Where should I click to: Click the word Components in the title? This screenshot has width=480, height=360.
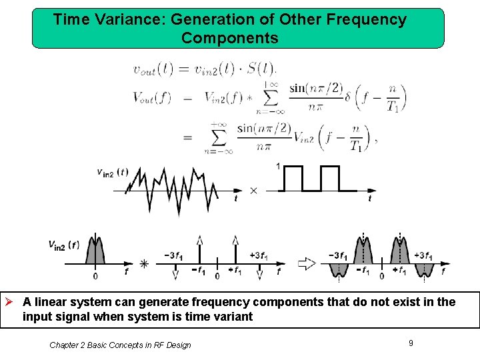click(229, 38)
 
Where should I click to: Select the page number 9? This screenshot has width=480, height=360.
click(411, 343)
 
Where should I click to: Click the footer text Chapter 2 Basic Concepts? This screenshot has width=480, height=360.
click(120, 345)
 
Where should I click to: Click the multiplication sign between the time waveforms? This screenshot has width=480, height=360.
click(253, 191)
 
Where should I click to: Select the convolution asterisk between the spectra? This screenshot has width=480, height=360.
click(144, 265)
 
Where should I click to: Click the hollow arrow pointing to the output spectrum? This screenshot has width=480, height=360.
click(306, 264)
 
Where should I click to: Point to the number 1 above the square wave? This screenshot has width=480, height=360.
click(277, 166)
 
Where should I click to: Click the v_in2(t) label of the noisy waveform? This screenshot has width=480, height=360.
click(112, 173)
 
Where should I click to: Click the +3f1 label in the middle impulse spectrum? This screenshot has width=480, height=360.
click(259, 255)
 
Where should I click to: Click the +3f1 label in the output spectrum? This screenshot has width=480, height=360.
click(425, 255)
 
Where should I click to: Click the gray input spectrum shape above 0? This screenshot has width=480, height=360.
click(95, 252)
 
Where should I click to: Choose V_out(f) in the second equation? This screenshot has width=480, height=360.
click(152, 98)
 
